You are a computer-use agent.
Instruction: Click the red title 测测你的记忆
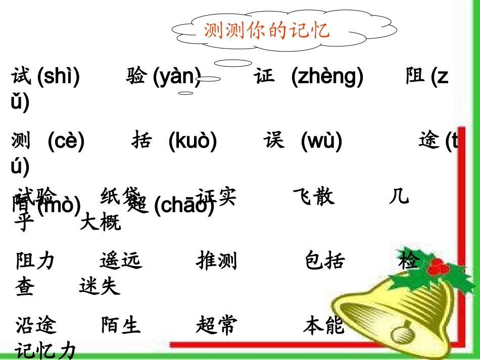pyautogui.click(x=266, y=30)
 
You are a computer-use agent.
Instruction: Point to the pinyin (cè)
pyautogui.click(x=66, y=141)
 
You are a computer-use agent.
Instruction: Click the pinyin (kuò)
pyautogui.click(x=193, y=141)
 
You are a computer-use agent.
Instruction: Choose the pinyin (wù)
pyautogui.click(x=321, y=141)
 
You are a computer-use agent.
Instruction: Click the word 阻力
pyautogui.click(x=35, y=261)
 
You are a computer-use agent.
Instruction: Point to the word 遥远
pyautogui.click(x=121, y=261)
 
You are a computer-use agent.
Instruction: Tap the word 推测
pyautogui.click(x=216, y=261)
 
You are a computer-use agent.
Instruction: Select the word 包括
pyautogui.click(x=325, y=261)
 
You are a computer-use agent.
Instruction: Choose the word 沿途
pyautogui.click(x=36, y=325)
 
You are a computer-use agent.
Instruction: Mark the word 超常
pyautogui.click(x=216, y=325)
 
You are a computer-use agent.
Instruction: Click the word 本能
pyautogui.click(x=323, y=325)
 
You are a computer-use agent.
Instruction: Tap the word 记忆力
pyautogui.click(x=45, y=350)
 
